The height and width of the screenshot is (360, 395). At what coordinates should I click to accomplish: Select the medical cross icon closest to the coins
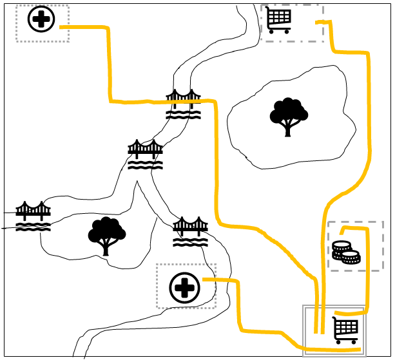[185, 287]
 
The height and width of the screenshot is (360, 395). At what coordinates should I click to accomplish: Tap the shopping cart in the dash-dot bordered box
[279, 20]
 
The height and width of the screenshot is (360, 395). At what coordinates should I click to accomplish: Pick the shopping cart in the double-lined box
[345, 330]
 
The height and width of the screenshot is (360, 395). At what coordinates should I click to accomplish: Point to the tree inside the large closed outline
[288, 117]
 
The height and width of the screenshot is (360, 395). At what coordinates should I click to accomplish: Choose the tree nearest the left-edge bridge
[106, 236]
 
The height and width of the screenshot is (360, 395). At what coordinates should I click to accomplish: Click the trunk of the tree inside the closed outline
[288, 129]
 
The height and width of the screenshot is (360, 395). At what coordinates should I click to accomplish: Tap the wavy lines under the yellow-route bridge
[184, 114]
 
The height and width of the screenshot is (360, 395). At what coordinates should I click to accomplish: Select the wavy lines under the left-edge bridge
[33, 227]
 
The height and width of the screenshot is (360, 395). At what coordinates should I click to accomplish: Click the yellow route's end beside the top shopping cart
[317, 23]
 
